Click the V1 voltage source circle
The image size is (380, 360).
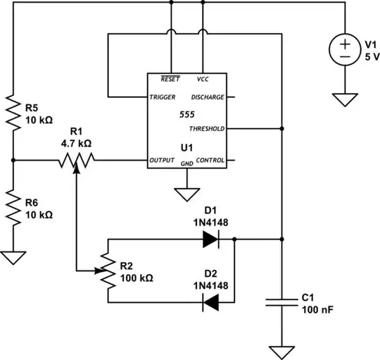(x=345, y=51)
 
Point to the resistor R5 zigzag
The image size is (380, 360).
(x=13, y=113)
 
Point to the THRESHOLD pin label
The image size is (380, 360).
(x=207, y=129)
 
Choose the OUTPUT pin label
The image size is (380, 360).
(x=163, y=161)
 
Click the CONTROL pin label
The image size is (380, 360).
(x=210, y=161)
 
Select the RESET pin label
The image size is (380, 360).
(x=169, y=79)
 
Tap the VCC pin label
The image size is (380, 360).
(x=203, y=79)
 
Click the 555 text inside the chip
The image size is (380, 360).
(x=186, y=113)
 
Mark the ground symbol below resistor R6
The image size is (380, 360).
(x=13, y=256)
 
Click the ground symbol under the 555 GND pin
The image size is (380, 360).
(x=186, y=192)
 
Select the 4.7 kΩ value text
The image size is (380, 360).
(x=76, y=142)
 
